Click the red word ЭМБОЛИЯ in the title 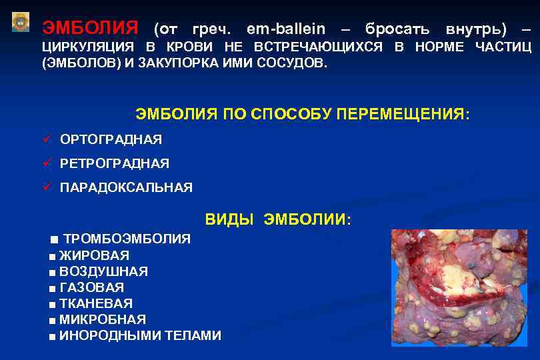click(x=90, y=29)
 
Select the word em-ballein click(x=286, y=29)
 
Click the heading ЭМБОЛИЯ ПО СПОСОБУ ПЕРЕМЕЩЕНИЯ click(x=303, y=114)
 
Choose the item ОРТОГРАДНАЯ click(x=111, y=139)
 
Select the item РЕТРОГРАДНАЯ click(x=115, y=163)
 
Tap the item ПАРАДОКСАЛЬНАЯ click(x=126, y=188)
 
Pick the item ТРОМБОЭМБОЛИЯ click(x=127, y=239)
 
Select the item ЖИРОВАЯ click(x=94, y=255)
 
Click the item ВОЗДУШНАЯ click(x=103, y=271)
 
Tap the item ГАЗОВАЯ click(x=91, y=287)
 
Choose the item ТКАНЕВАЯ click(x=96, y=303)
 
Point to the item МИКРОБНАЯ click(x=103, y=319)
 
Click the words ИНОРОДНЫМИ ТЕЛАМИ click(x=140, y=336)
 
